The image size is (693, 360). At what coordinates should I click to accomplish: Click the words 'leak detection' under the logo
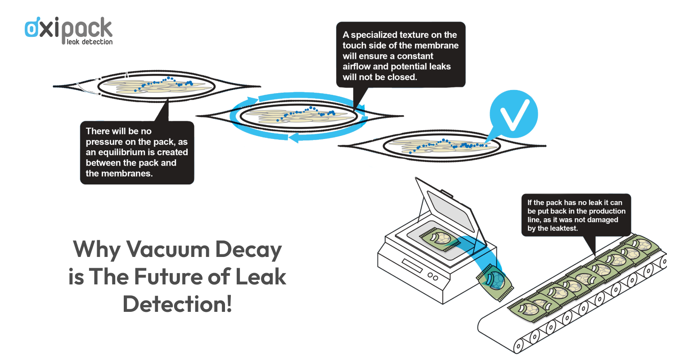click(90, 42)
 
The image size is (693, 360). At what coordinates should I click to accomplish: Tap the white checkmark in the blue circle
click(513, 113)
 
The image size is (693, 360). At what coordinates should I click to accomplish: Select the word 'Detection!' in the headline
click(177, 304)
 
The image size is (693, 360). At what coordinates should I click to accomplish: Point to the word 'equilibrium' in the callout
click(126, 152)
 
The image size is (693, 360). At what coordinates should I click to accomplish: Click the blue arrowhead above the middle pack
click(263, 99)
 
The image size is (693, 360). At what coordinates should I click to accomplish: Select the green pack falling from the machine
click(495, 281)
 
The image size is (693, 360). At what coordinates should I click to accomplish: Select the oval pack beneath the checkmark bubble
click(441, 146)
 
